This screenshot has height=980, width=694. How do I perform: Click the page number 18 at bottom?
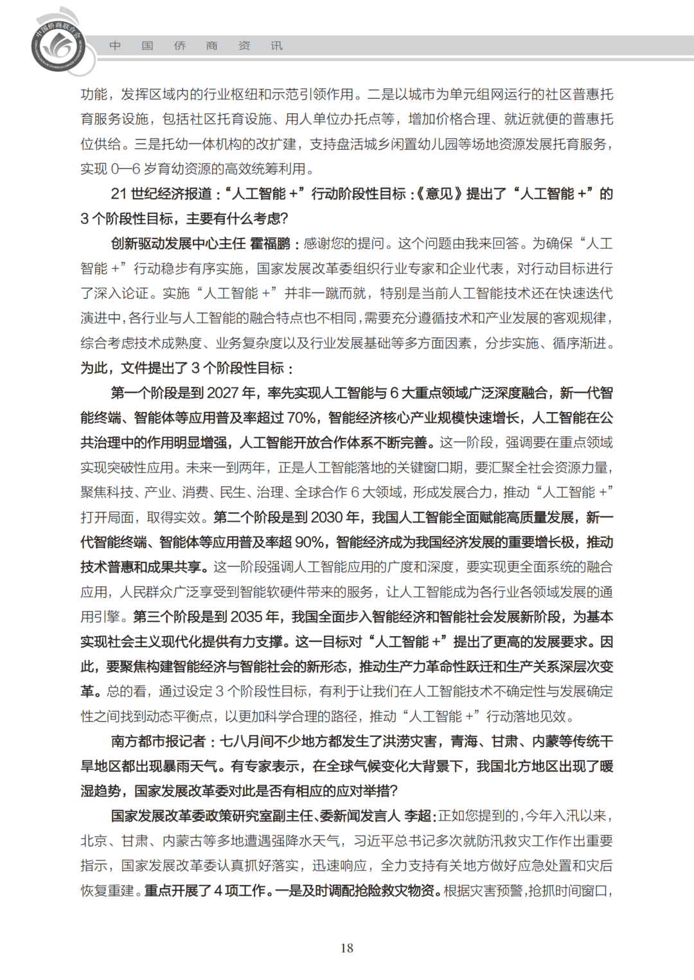[x=347, y=948]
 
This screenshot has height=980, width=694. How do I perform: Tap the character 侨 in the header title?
[x=180, y=46]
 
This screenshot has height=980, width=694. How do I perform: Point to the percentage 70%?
[x=301, y=418]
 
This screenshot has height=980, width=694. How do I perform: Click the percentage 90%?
[x=309, y=542]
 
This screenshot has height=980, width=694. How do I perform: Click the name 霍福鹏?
[x=270, y=244]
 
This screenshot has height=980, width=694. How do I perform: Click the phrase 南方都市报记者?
[x=158, y=742]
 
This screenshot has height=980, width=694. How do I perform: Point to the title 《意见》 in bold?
[x=439, y=194]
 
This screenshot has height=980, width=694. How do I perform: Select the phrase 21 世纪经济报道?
[x=161, y=194]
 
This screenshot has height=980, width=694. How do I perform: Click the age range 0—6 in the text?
[x=125, y=169]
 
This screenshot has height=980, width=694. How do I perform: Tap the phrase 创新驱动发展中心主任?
[x=178, y=244]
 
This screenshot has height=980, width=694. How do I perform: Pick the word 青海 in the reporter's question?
[x=464, y=742]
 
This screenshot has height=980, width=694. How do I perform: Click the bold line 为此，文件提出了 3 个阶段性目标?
[x=186, y=368]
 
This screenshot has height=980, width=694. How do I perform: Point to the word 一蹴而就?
[x=325, y=294]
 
